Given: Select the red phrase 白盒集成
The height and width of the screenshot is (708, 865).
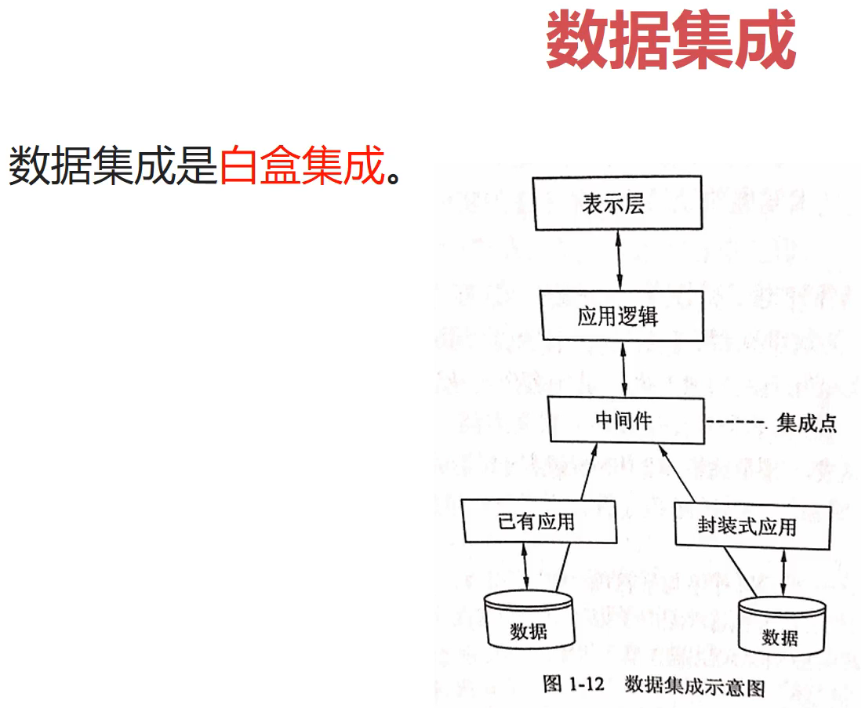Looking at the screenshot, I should (x=304, y=166).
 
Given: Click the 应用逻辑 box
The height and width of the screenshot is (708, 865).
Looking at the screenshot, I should (x=617, y=317).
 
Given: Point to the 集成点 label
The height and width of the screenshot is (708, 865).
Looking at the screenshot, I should (x=806, y=423).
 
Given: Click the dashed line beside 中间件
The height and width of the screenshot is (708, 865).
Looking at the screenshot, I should (x=735, y=423).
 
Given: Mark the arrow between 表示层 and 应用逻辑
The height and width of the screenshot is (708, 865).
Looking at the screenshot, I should (x=620, y=260).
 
